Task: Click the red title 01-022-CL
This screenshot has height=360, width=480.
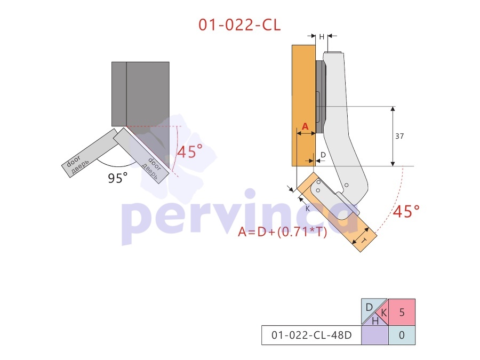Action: click(239, 25)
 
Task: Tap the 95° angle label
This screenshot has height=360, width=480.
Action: click(117, 178)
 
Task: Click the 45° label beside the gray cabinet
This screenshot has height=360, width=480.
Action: click(190, 151)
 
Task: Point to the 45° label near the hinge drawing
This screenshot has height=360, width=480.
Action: click(406, 211)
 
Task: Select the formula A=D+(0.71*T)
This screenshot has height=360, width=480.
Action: click(283, 232)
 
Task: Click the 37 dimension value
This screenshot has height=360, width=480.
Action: click(399, 136)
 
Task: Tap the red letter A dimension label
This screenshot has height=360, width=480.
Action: click(305, 126)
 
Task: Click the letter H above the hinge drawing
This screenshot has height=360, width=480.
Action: click(322, 37)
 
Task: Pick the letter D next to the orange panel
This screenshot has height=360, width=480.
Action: click(323, 155)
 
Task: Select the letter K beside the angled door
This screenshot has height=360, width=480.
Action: click(308, 209)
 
